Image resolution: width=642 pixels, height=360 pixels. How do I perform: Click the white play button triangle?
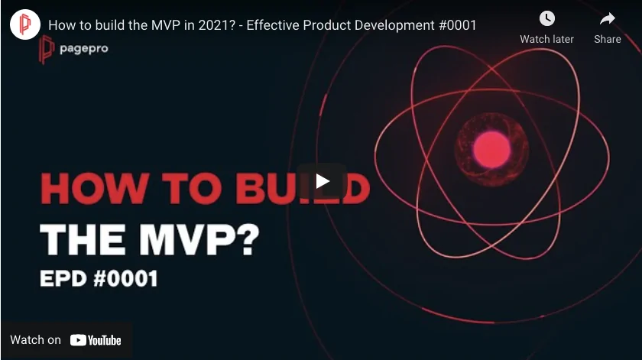[x=323, y=181]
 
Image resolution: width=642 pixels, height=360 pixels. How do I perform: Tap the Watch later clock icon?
[x=547, y=18]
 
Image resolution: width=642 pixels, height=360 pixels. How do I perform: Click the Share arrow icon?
[x=607, y=18]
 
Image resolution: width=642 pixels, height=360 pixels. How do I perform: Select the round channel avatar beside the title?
[x=25, y=24]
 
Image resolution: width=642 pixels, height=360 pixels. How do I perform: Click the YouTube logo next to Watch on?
[x=96, y=340]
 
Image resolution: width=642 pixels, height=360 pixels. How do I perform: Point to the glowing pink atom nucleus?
[x=491, y=150]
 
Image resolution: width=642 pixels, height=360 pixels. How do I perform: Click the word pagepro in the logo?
[x=84, y=49]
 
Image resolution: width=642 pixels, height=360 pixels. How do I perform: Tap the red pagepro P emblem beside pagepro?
[x=47, y=49]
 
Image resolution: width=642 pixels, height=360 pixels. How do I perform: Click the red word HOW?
[x=95, y=188]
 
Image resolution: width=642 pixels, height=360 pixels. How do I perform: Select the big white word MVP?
[x=199, y=239]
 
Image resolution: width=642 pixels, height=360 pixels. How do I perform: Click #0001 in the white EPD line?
[x=125, y=278]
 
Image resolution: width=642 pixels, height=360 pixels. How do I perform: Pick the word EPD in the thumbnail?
[x=63, y=278]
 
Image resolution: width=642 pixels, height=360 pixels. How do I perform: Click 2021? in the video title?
[x=217, y=25]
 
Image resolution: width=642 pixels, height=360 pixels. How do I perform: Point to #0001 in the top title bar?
[x=457, y=25]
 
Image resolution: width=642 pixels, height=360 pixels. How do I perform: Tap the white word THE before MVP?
[x=83, y=239]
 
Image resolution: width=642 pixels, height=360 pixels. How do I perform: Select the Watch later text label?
[x=546, y=39]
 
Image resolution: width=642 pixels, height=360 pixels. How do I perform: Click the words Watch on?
[x=36, y=340]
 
